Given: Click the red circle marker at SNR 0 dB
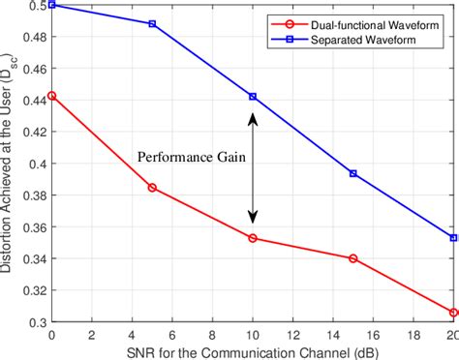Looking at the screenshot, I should pyautogui.click(x=51, y=96).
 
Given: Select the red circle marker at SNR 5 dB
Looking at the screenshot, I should pyautogui.click(x=152, y=187).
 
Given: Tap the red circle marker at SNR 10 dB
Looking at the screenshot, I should pyautogui.click(x=253, y=237).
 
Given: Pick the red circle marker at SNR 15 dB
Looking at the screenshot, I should pyautogui.click(x=352, y=258).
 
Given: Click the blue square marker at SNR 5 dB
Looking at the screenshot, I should pyautogui.click(x=152, y=23).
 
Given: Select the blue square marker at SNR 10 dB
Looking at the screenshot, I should pyautogui.click(x=253, y=97).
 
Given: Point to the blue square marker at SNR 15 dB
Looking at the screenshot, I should pyautogui.click(x=352, y=173).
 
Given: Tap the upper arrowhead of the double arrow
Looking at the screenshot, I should pyautogui.click(x=253, y=117).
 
